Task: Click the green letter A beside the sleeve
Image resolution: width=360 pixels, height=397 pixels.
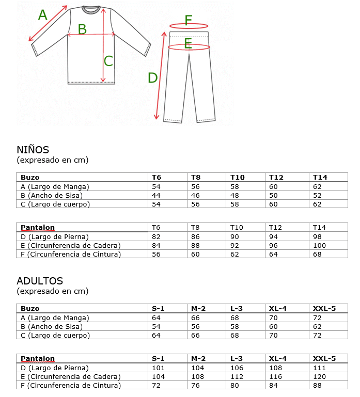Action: pyautogui.click(x=43, y=15)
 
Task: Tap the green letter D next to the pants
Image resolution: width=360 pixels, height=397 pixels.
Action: pyautogui.click(x=152, y=78)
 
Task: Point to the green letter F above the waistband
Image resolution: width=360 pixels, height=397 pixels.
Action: pyautogui.click(x=189, y=20)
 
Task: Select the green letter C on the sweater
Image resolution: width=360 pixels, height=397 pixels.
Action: pyautogui.click(x=108, y=61)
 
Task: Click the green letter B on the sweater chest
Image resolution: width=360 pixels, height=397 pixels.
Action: pyautogui.click(x=82, y=29)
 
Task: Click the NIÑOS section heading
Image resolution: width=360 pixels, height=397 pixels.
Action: pyautogui.click(x=33, y=150)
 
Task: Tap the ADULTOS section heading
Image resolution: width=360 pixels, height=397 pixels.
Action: pyautogui.click(x=40, y=281)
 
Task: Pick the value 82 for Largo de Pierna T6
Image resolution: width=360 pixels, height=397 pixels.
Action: pyautogui.click(x=156, y=236)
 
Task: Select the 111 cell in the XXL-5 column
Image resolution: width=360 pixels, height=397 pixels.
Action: pyautogui.click(x=320, y=368)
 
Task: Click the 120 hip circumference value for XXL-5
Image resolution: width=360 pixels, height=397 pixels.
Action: pyautogui.click(x=320, y=377)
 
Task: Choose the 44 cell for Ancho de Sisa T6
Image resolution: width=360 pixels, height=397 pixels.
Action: pyautogui.click(x=156, y=195)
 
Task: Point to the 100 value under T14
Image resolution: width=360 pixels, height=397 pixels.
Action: pyautogui.click(x=320, y=245)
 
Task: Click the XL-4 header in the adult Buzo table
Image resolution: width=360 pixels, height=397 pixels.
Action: pyautogui.click(x=278, y=309)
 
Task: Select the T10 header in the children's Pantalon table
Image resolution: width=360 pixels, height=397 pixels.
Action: pyautogui.click(x=237, y=228)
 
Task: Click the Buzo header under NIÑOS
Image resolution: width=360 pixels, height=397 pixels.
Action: pyautogui.click(x=30, y=177)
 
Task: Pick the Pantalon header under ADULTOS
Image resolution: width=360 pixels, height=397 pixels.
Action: pyautogui.click(x=38, y=359)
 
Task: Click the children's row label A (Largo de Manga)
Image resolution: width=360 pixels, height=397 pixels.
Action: pyautogui.click(x=55, y=186)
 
